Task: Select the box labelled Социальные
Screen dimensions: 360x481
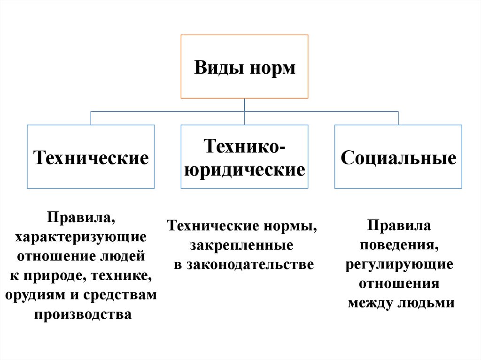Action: pos(398,157)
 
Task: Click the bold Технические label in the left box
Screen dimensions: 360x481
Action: pos(90,157)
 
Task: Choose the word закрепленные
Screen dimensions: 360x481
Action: pos(242,245)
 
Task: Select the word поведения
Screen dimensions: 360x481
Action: pos(400,245)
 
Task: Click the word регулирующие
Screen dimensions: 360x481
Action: pos(400,264)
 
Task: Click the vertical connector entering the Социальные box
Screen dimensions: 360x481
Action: pos(398,118)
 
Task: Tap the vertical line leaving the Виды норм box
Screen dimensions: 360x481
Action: pos(244,105)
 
